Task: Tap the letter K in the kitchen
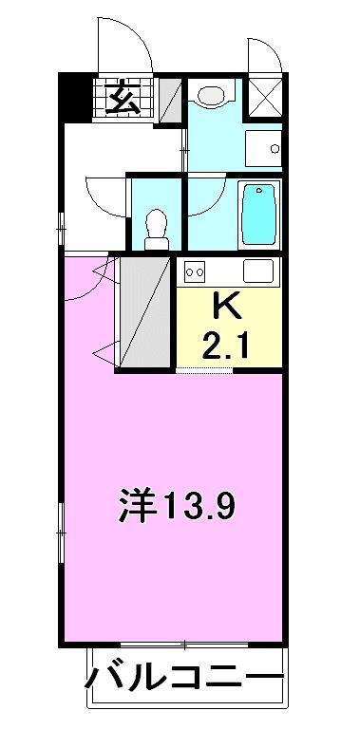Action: coord(227,308)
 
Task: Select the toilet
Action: coord(156,229)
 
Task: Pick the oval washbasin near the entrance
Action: coord(211,95)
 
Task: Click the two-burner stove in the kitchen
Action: coord(196,272)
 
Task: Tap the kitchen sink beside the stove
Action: coord(257,271)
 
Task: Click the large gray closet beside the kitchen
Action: coord(143,312)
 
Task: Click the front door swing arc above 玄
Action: coord(123,47)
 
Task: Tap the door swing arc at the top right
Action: coord(265,55)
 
